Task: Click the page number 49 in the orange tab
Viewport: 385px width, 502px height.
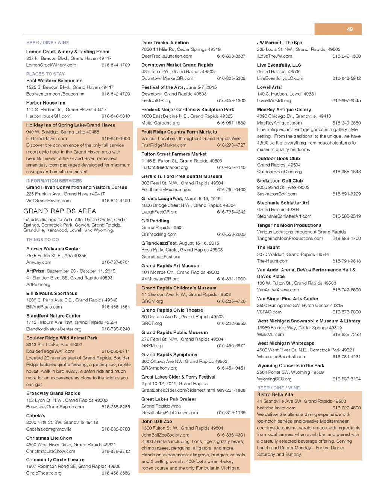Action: tap(350, 29)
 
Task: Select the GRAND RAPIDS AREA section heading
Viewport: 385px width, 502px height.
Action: tap(60, 211)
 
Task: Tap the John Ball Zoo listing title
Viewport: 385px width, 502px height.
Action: tap(157, 421)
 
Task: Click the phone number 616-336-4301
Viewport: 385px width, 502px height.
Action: tap(231, 435)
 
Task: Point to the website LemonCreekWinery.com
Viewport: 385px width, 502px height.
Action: tap(51, 65)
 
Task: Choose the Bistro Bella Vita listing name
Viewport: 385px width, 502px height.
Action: tap(275, 394)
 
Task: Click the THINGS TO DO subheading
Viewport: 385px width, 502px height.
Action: tap(42, 240)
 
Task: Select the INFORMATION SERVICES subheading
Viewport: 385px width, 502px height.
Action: tap(54, 181)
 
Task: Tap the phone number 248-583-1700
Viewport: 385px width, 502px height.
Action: tap(346, 239)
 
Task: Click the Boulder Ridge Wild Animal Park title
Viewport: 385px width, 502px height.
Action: tap(62, 338)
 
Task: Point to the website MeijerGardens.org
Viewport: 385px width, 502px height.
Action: tap(161, 123)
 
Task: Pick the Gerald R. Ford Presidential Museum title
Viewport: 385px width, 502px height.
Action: tap(182, 176)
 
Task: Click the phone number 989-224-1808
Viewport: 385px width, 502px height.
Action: tap(231, 390)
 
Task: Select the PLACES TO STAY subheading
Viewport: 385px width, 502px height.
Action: tap(45, 74)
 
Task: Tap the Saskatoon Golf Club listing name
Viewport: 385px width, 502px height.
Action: tap(280, 181)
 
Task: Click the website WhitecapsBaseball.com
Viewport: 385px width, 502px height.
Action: tap(282, 357)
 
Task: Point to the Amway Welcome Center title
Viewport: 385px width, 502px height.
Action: tap(53, 249)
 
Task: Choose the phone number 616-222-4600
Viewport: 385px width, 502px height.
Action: tap(346, 408)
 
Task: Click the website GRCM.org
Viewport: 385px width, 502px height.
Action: tap(152, 301)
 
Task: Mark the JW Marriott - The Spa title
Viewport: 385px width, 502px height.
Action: tap(279, 43)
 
